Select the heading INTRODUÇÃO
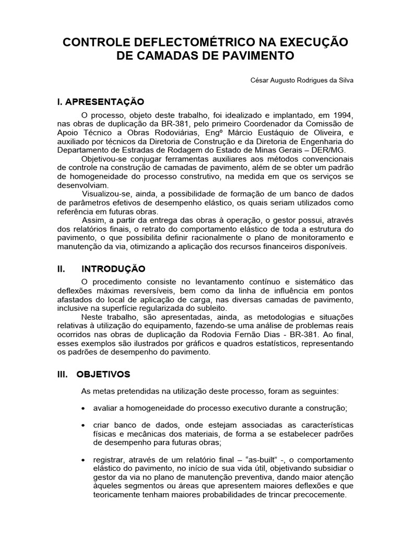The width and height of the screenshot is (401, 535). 113,269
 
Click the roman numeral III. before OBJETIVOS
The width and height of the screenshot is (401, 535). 64,375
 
